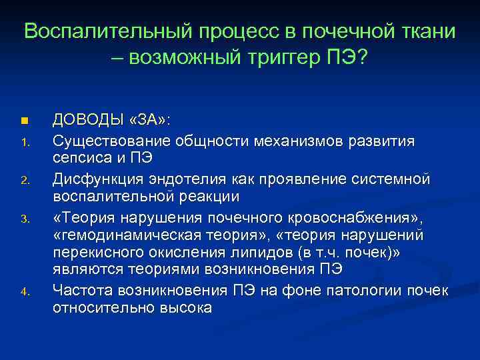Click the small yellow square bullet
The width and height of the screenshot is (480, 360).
23,121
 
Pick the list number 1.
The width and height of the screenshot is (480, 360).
23,142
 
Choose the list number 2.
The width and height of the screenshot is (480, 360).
23,180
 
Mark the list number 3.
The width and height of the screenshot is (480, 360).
23,219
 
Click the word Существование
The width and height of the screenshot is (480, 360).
112,141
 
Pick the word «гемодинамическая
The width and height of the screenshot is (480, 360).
118,236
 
